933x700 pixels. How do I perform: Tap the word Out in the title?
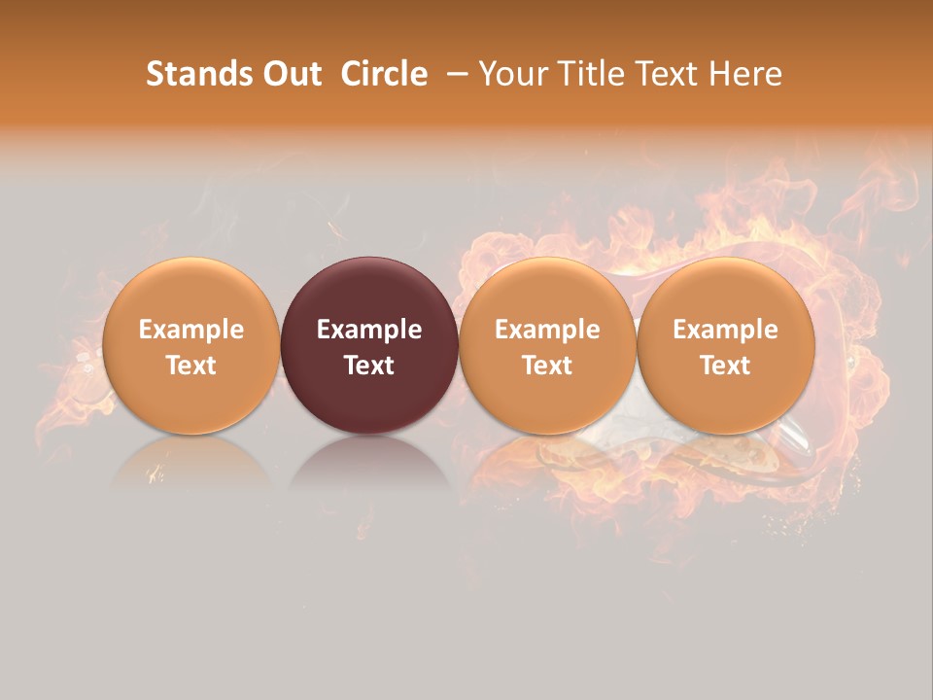(x=291, y=74)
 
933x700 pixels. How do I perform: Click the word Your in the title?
(x=513, y=74)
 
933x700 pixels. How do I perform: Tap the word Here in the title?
(x=744, y=74)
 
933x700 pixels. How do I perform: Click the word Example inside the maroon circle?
(x=369, y=330)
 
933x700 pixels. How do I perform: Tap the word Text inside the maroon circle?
(x=369, y=366)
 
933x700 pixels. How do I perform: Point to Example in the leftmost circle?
(x=191, y=330)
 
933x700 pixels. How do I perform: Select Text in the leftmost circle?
(x=191, y=366)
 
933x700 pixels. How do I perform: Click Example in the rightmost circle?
(x=726, y=330)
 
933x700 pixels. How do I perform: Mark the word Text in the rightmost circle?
(x=726, y=366)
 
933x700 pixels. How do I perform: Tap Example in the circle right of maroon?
(x=547, y=330)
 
